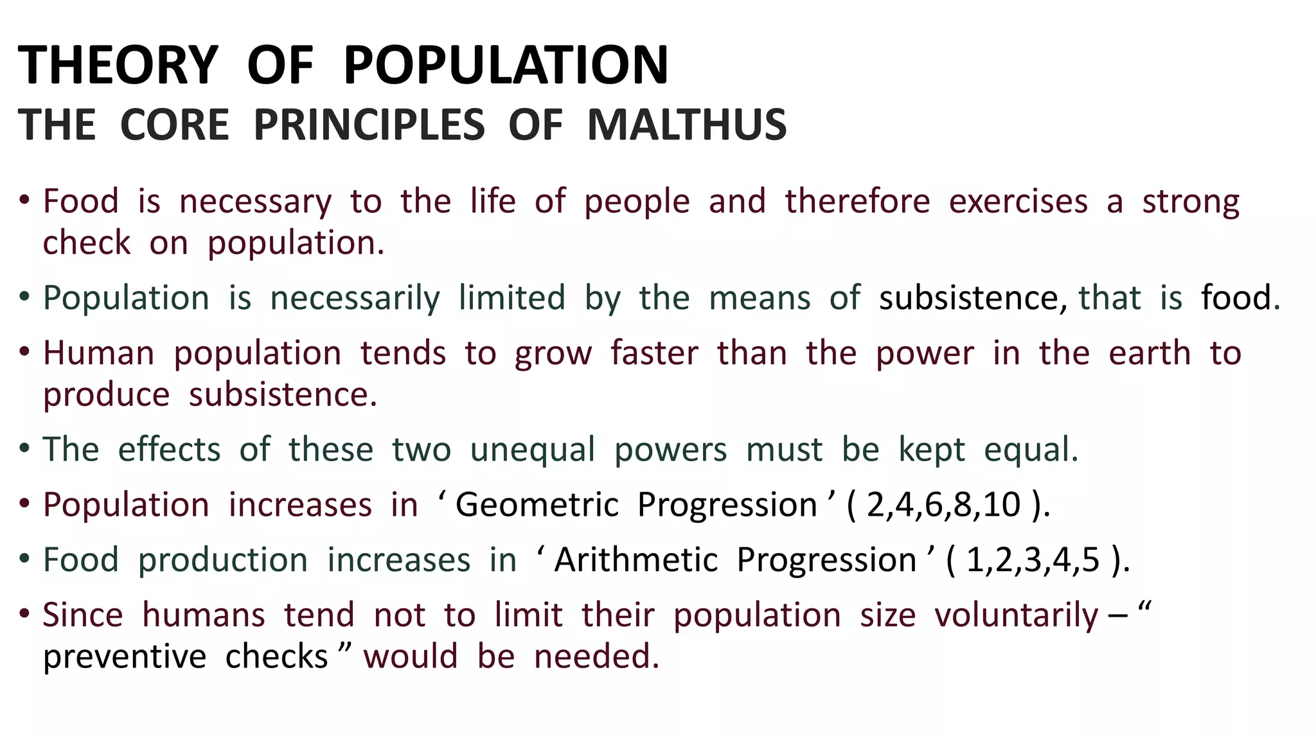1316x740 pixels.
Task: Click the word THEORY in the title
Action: (x=118, y=66)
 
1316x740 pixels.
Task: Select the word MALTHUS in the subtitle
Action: (x=686, y=125)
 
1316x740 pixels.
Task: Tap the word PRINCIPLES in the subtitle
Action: (x=369, y=125)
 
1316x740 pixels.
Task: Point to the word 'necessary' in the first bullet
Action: (x=255, y=202)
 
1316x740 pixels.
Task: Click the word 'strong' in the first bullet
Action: (x=1191, y=202)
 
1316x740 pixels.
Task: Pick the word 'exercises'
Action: (x=1018, y=202)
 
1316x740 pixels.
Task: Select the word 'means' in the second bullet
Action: (x=760, y=299)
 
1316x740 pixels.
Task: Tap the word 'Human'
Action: (x=99, y=354)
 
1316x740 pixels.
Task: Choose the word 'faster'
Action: (x=654, y=354)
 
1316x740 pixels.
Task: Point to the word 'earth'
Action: (x=1150, y=354)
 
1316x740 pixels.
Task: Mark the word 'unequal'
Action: (x=533, y=450)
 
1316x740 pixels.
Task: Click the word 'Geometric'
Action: (x=537, y=505)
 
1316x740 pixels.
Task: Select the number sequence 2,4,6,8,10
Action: (x=943, y=505)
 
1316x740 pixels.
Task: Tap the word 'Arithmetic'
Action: (x=636, y=560)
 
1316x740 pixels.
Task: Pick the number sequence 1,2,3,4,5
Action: (x=1033, y=560)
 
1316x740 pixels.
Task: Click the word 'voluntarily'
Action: (x=1016, y=615)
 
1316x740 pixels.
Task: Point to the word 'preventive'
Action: (x=125, y=657)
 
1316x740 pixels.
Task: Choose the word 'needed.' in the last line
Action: (x=597, y=657)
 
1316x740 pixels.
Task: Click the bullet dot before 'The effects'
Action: (x=24, y=448)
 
